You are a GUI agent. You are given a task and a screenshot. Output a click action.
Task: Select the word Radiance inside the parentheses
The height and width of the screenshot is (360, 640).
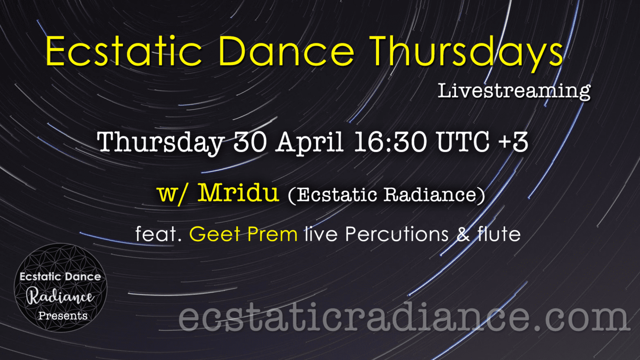coord(430,195)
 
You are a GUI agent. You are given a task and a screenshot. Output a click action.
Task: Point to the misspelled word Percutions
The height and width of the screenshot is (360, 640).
coord(397,234)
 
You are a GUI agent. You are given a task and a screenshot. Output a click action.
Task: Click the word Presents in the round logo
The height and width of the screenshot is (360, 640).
coord(63,316)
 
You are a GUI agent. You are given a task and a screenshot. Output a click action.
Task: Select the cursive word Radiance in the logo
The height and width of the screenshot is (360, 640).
coord(60,296)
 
